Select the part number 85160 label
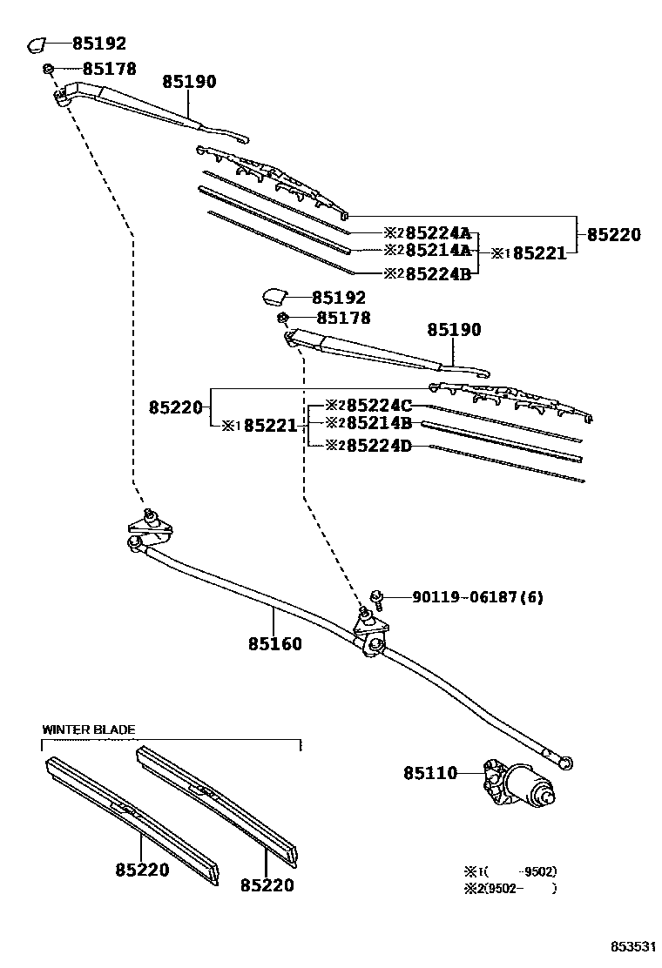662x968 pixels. click(275, 644)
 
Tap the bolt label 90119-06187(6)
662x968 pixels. click(477, 597)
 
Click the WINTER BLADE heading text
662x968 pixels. click(89, 729)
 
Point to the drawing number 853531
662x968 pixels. click(631, 945)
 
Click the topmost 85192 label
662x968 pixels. click(98, 43)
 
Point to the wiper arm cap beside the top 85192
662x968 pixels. click(39, 44)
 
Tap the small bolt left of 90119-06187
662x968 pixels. click(378, 596)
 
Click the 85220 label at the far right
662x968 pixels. click(613, 234)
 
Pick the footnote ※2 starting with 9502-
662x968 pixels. click(510, 889)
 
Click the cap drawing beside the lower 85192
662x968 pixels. click(275, 297)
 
